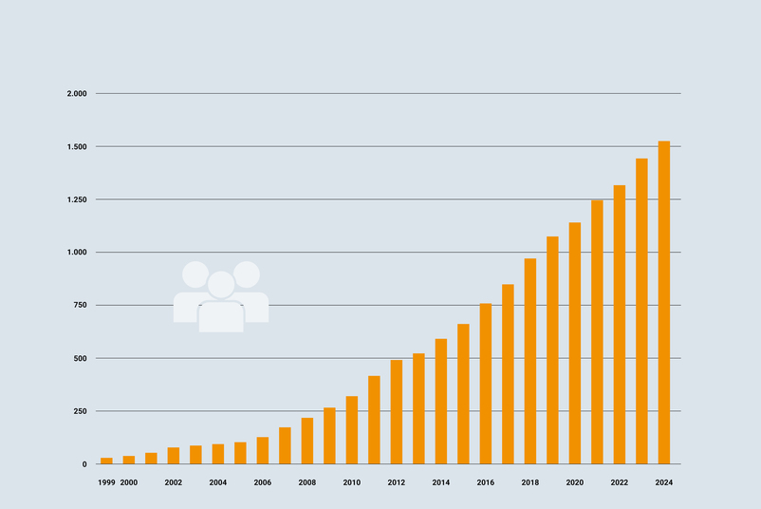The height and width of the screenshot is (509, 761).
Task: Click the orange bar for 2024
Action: click(x=664, y=303)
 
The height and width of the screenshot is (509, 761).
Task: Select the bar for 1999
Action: click(x=106, y=461)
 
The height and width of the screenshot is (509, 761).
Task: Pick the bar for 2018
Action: click(x=530, y=361)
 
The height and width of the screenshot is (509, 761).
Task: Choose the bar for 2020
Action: click(x=575, y=343)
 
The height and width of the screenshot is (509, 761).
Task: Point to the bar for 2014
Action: click(x=441, y=402)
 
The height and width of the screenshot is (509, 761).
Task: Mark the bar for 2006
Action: click(x=263, y=450)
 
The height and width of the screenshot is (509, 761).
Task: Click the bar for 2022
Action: click(x=620, y=325)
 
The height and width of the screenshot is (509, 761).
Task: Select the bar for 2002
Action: click(x=174, y=456)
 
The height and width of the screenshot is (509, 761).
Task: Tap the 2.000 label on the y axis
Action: click(x=77, y=94)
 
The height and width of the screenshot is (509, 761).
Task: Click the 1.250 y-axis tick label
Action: click(x=77, y=199)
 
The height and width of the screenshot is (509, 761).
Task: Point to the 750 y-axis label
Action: click(x=80, y=306)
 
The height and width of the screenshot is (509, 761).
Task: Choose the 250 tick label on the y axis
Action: click(x=80, y=411)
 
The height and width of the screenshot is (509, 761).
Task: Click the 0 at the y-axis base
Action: click(x=84, y=464)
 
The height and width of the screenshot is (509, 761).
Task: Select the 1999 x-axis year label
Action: click(x=106, y=483)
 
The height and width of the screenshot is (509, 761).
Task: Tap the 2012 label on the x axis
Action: click(x=397, y=483)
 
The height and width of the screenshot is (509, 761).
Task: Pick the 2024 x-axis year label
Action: click(x=664, y=483)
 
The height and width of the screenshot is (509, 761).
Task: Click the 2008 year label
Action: click(x=307, y=483)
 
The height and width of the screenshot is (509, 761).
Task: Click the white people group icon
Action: click(x=221, y=297)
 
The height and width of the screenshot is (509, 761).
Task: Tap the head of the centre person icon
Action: click(x=221, y=284)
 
